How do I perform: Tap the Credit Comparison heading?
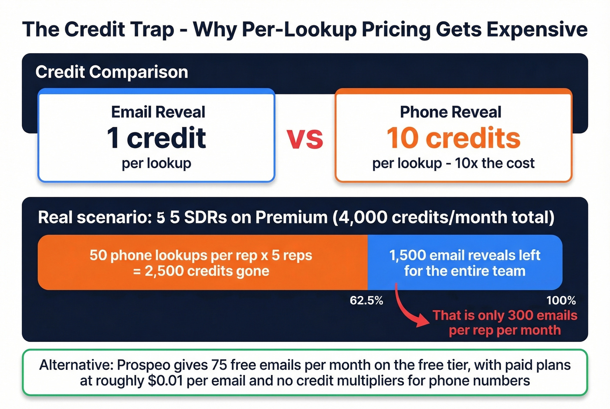[112, 72]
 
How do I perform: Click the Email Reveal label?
[158, 112]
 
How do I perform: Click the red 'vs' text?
[305, 139]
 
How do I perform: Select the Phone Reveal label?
[451, 112]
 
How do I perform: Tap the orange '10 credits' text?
[453, 138]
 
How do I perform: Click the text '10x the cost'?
[495, 163]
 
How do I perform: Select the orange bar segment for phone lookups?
[203, 263]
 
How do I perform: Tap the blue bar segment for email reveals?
[464, 263]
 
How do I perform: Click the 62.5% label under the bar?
[366, 301]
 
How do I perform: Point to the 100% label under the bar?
[561, 301]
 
